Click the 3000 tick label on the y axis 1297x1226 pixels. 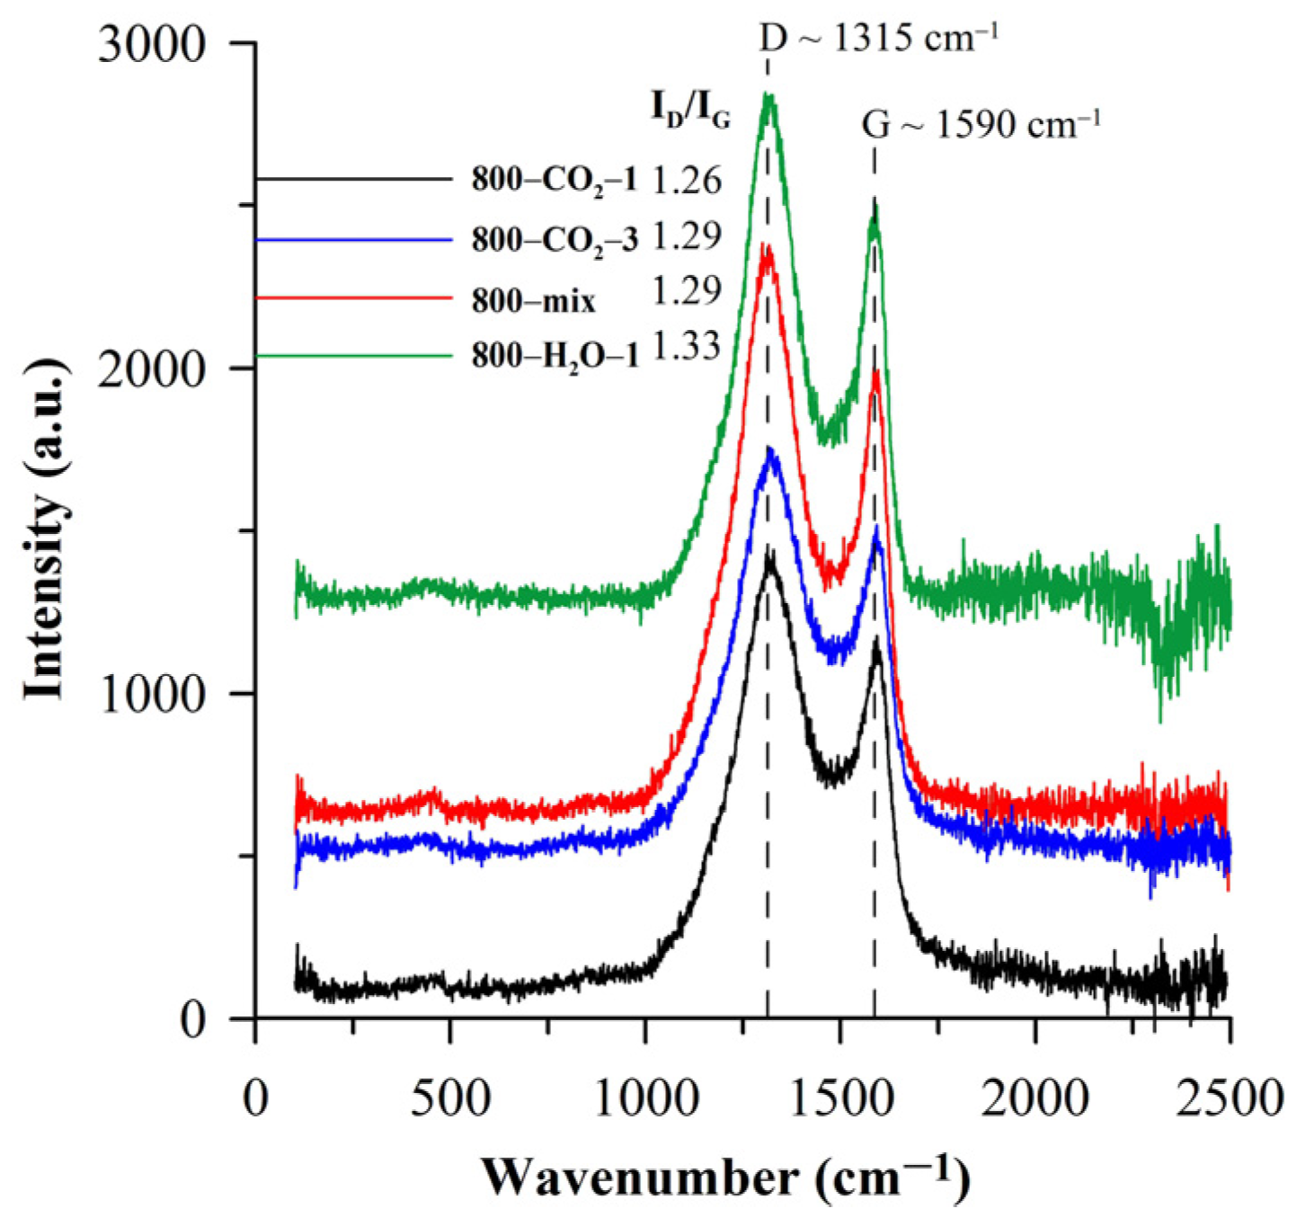152,45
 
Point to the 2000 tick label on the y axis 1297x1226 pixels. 152,369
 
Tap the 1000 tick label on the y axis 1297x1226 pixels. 152,695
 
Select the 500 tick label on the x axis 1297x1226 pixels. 450,1098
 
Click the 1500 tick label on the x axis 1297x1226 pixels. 839,1098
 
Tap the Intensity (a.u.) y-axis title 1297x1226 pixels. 45,530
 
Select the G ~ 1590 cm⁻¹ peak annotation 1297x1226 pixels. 981,124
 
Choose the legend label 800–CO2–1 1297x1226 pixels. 554,181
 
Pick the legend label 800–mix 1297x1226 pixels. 533,301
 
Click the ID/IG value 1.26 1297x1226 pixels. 687,181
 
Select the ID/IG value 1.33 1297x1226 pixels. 687,347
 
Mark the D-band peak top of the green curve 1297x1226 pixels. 768,97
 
